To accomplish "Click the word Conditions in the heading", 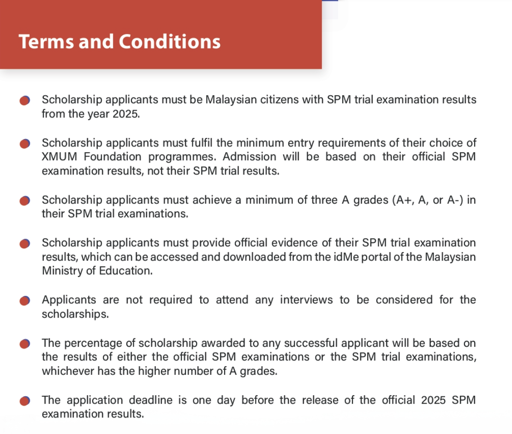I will [x=170, y=42].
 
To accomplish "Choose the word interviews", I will [x=306, y=300].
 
